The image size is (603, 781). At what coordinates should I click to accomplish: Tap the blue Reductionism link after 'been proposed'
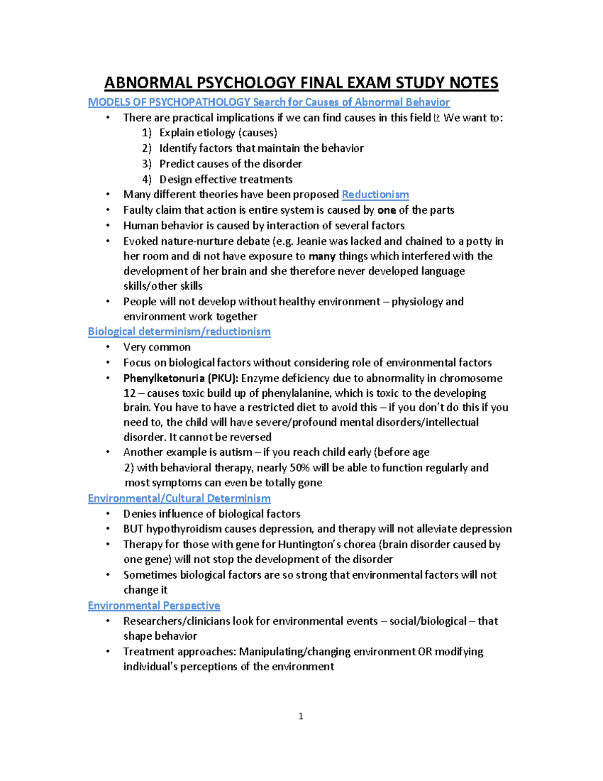[x=375, y=195]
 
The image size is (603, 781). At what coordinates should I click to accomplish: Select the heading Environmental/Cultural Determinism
[x=179, y=498]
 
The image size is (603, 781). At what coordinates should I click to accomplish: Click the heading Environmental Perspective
[x=154, y=605]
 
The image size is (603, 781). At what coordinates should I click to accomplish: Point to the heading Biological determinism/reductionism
[x=179, y=331]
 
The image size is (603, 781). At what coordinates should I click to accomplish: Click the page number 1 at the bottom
[x=300, y=716]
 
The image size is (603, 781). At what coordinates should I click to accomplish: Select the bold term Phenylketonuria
[x=163, y=378]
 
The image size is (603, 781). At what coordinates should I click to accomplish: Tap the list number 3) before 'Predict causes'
[x=146, y=164]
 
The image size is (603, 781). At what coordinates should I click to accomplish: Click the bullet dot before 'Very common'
[x=108, y=347]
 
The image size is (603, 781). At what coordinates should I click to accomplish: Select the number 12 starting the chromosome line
[x=130, y=393]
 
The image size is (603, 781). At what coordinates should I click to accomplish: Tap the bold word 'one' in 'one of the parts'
[x=386, y=210]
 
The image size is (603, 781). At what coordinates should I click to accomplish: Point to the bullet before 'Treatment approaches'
[x=108, y=651]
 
